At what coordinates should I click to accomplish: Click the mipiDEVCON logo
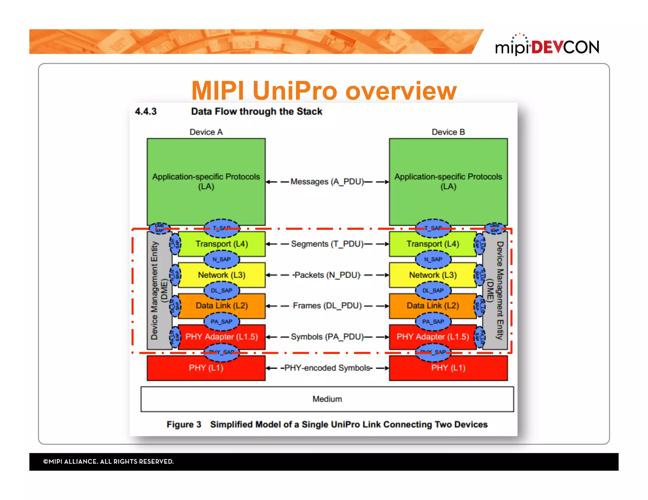pos(547,46)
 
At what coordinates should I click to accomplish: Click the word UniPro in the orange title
pos(296,91)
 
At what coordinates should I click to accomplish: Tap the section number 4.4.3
pos(146,112)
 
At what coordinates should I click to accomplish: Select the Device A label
pos(206,132)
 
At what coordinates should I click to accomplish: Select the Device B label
pos(448,132)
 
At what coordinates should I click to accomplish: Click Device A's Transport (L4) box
pos(221,244)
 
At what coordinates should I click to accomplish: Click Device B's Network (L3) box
pos(433,275)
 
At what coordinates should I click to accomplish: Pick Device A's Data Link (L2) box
pos(221,306)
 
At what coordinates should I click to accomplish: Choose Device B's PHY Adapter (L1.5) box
pos(433,337)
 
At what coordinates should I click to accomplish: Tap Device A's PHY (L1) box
pos(206,368)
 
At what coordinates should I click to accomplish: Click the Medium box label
pos(327,399)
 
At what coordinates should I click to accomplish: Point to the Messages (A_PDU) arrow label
pos(327,182)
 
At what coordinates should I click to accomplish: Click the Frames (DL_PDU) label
pos(327,306)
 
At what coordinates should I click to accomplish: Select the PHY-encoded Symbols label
pos(327,368)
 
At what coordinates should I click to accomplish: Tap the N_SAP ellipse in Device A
pos(221,259)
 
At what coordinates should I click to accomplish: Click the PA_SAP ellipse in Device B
pos(433,322)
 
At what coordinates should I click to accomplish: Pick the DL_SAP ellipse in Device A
pos(221,290)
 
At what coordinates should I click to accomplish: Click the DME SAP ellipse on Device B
pos(495,228)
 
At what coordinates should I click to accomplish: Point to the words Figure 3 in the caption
pos(184,424)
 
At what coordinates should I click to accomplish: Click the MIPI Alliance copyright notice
pos(109,461)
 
